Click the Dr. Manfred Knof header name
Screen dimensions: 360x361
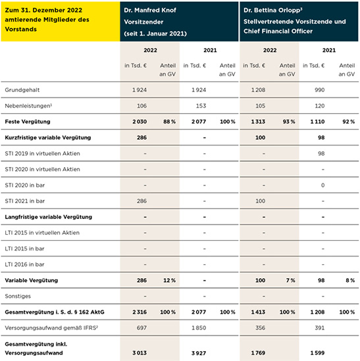coord(150,11)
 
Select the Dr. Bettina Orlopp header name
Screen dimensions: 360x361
coord(272,11)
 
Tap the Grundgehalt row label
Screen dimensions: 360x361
coord(22,90)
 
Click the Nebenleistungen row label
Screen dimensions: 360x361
coord(28,106)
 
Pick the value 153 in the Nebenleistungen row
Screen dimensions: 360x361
coord(201,106)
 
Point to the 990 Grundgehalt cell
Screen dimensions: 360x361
coord(320,90)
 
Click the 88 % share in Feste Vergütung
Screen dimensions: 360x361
coord(169,122)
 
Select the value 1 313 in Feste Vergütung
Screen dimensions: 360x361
coord(258,122)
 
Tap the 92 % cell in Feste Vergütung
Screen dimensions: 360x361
coord(348,122)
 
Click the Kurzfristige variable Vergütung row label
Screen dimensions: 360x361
coord(48,137)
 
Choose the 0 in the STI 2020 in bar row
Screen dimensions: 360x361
coord(322,185)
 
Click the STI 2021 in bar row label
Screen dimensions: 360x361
coord(24,201)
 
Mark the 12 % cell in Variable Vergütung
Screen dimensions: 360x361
coord(169,280)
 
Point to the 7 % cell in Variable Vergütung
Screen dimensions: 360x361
coord(291,280)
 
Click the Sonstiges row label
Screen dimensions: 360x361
coord(18,297)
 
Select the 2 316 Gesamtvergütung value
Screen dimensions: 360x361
coord(140,312)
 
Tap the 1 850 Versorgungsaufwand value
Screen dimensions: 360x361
coord(199,328)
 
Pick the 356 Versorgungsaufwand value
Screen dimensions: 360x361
coord(260,328)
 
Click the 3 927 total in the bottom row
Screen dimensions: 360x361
coord(199,353)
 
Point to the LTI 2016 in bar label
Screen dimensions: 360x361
coord(24,264)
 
